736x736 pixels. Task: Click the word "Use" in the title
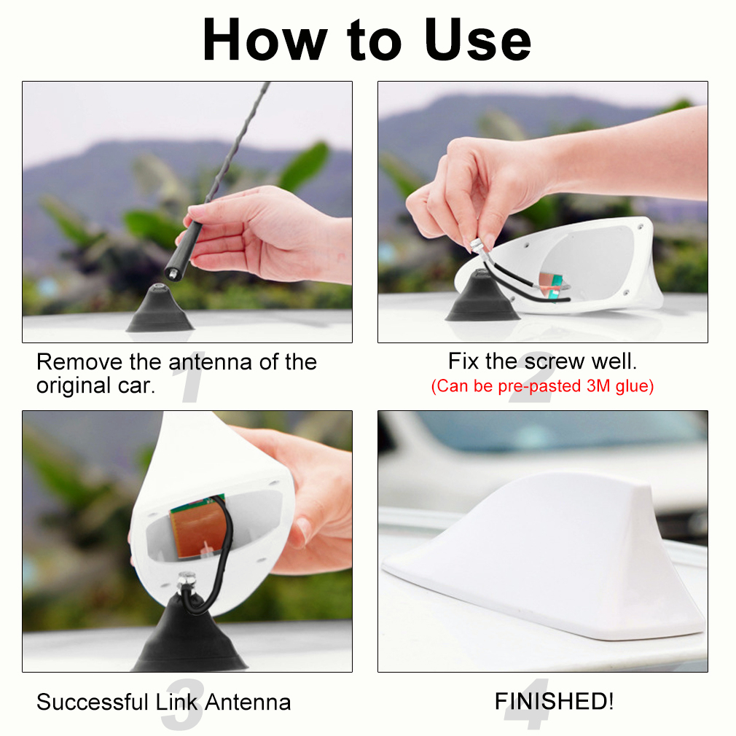tap(478, 40)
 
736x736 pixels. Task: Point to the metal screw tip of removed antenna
tap(172, 274)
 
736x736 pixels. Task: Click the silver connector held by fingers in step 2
tap(477, 246)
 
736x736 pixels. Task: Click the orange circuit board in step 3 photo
tap(196, 528)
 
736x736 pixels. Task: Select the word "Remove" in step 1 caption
tap(80, 362)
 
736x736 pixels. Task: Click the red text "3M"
tap(598, 385)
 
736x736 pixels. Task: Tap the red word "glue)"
tap(634, 386)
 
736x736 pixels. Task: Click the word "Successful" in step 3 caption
tap(92, 702)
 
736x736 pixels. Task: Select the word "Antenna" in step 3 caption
tap(248, 702)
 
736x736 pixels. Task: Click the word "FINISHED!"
tap(555, 701)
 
